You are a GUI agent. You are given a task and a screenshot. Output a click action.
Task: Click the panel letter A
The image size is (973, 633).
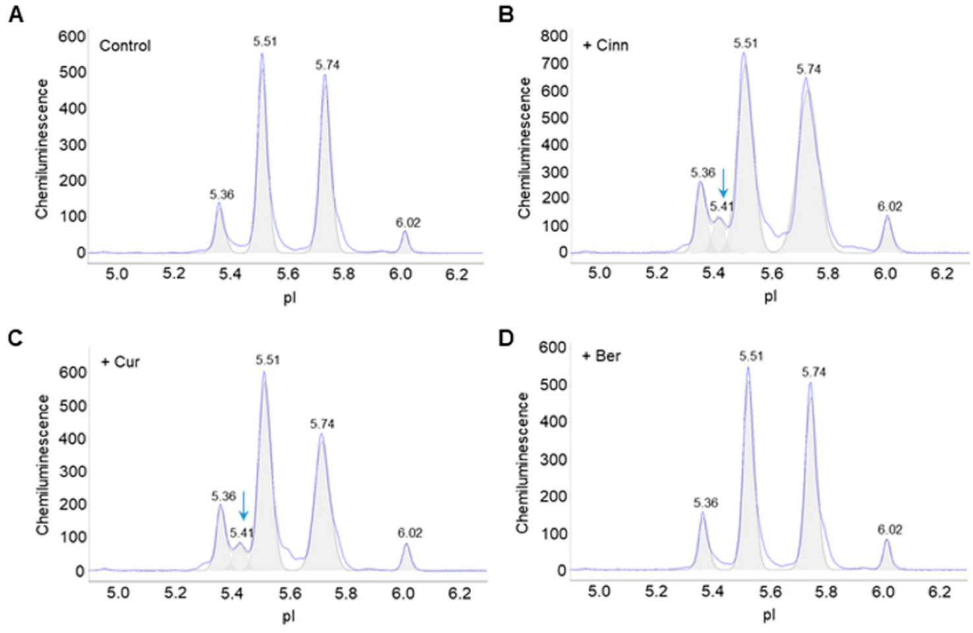point(15,14)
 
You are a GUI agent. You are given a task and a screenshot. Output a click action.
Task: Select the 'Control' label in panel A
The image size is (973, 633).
point(125,45)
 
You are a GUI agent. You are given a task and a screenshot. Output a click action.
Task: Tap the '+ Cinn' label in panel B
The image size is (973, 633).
point(606,45)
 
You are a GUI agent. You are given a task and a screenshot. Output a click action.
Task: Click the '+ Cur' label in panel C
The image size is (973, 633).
point(120,362)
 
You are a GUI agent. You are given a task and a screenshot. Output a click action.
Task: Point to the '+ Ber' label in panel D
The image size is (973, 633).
point(601,356)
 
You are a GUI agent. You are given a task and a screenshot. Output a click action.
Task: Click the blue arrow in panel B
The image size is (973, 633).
point(723,183)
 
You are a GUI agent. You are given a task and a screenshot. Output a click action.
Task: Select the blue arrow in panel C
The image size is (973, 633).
point(243,505)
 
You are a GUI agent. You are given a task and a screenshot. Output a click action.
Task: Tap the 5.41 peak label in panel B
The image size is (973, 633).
point(722,206)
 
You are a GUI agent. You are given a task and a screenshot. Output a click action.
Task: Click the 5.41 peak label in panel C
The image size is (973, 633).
point(241,532)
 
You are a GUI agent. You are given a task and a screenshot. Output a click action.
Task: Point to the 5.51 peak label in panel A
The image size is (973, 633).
point(265,42)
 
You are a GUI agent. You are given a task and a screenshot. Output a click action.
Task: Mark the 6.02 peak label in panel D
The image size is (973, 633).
point(889,529)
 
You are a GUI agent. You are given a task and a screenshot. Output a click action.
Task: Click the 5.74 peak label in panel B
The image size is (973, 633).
point(808,69)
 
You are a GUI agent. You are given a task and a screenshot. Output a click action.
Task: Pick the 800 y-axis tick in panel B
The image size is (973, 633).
point(554,36)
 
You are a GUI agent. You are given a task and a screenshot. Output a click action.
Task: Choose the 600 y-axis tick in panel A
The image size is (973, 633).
point(72,36)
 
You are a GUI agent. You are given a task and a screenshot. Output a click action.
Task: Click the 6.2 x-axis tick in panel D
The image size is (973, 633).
point(939,591)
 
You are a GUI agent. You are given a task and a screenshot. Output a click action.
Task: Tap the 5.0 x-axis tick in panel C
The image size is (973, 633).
point(118,593)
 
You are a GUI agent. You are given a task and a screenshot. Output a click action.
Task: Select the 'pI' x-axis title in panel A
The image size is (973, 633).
point(290,297)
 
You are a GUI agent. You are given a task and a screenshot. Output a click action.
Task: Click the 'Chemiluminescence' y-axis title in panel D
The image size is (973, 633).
point(523,463)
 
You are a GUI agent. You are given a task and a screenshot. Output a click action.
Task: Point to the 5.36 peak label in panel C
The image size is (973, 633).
point(224,496)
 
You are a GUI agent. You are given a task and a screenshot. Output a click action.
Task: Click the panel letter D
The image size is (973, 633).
point(506,338)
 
